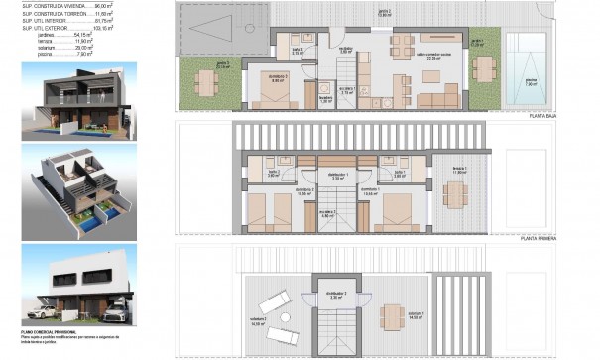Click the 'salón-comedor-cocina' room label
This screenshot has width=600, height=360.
pyautogui.click(x=432, y=57)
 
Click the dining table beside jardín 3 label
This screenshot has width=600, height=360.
pyautogui.click(x=205, y=85)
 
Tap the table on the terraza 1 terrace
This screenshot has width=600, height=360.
pyautogui.click(x=455, y=194)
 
